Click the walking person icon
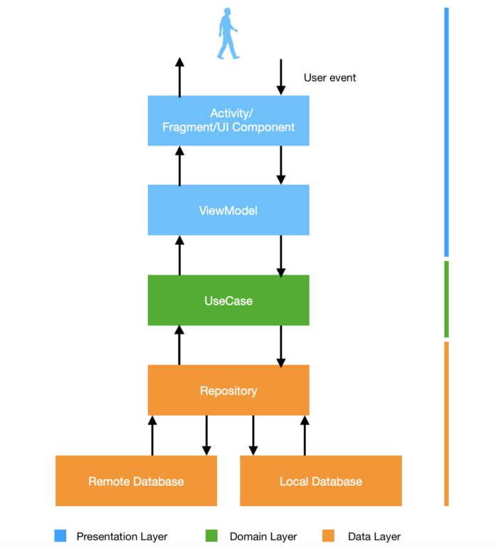[x=227, y=33]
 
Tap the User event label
[x=329, y=78]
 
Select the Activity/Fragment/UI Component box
[x=228, y=120]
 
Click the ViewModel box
[x=228, y=210]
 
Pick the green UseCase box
[x=228, y=300]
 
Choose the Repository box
[x=228, y=390]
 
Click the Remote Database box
[x=136, y=481]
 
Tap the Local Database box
[x=321, y=481]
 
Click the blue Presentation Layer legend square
[x=60, y=536]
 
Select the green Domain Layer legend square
[x=212, y=536]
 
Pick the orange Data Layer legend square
[x=328, y=536]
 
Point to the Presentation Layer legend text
[x=122, y=537]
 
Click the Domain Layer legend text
[x=263, y=537]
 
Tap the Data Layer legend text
[x=374, y=537]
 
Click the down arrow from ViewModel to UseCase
[x=281, y=255]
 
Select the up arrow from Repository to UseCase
[x=179, y=345]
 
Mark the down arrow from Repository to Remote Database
[x=206, y=435]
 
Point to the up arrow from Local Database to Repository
[x=304, y=435]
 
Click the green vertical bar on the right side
[x=446, y=299]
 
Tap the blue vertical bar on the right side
[x=446, y=132]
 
